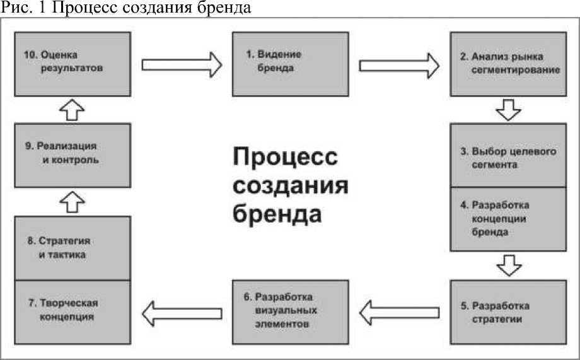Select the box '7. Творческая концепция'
tap(72, 311)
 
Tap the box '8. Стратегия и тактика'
tap(72, 248)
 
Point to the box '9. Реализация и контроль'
tap(72, 154)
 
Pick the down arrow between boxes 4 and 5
tap(508, 264)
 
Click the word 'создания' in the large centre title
tap(291, 185)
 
